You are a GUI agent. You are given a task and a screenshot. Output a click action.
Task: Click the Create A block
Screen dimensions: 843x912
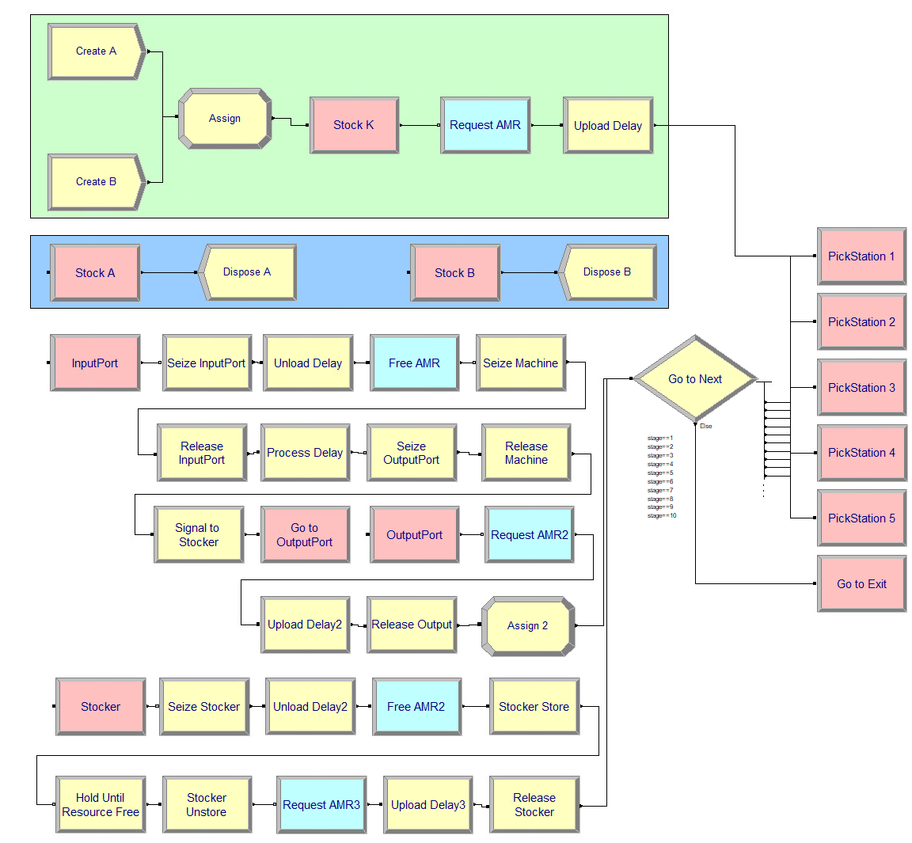[97, 51]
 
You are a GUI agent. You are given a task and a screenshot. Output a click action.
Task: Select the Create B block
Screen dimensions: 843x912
[97, 182]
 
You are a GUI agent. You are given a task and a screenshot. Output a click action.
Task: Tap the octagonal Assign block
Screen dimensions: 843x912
[225, 119]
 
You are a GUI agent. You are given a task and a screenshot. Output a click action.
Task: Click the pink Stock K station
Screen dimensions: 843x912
[354, 125]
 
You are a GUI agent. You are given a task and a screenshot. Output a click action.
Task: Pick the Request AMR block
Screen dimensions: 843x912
[485, 125]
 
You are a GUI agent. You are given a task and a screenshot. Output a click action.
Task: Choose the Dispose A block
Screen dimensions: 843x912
[247, 272]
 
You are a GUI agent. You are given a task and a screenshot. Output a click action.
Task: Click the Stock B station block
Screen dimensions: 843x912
[454, 273]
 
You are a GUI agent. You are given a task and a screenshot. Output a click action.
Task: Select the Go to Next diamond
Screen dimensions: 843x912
[695, 379]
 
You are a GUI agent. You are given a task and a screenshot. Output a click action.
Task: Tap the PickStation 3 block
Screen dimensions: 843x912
[861, 388]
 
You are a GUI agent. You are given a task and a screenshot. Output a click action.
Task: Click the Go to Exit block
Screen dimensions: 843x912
[861, 584]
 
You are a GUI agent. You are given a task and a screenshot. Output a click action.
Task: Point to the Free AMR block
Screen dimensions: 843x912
[414, 363]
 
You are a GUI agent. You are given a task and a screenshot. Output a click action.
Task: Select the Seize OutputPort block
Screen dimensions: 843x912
[411, 453]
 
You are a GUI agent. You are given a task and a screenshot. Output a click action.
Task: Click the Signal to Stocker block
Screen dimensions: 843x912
[198, 535]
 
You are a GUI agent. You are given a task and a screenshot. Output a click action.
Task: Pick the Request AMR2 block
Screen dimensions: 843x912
[529, 535]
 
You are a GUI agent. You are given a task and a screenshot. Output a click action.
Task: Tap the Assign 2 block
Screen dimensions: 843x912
[527, 626]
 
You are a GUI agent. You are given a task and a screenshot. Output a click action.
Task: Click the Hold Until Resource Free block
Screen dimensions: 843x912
[101, 805]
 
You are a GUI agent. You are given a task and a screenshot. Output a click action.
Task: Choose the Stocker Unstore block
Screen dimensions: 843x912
[207, 805]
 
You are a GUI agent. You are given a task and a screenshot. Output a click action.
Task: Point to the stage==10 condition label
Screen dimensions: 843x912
[662, 516]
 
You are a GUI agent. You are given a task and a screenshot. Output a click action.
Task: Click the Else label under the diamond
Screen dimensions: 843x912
[705, 427]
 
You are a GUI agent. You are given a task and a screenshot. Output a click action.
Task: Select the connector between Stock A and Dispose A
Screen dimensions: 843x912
[169, 273]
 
